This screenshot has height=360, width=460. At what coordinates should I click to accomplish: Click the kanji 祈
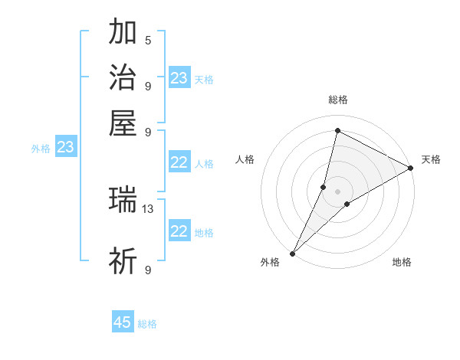(123, 261)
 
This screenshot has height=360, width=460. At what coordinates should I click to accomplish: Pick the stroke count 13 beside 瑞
(149, 208)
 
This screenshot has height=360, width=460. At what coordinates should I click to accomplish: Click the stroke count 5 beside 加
(148, 40)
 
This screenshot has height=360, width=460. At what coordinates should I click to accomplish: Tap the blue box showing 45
(123, 322)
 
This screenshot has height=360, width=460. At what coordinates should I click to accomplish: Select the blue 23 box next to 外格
(65, 147)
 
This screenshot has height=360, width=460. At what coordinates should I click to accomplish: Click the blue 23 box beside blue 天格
(179, 78)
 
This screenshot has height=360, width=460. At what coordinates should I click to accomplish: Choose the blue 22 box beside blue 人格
(179, 162)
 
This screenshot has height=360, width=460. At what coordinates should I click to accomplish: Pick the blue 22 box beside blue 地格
(179, 231)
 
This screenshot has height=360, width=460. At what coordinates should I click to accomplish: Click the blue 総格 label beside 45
(147, 324)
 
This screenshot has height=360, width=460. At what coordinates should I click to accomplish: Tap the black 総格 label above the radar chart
(337, 100)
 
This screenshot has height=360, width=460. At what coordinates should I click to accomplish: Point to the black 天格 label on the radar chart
(431, 159)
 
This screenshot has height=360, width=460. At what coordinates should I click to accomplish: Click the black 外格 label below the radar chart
(270, 263)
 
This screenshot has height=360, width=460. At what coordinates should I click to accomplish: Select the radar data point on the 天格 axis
(411, 169)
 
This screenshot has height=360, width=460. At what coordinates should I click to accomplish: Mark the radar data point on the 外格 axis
(292, 254)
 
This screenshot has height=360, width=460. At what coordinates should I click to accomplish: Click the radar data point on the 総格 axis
(337, 130)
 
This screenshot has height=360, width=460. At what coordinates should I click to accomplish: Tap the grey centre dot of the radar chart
(337, 191)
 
